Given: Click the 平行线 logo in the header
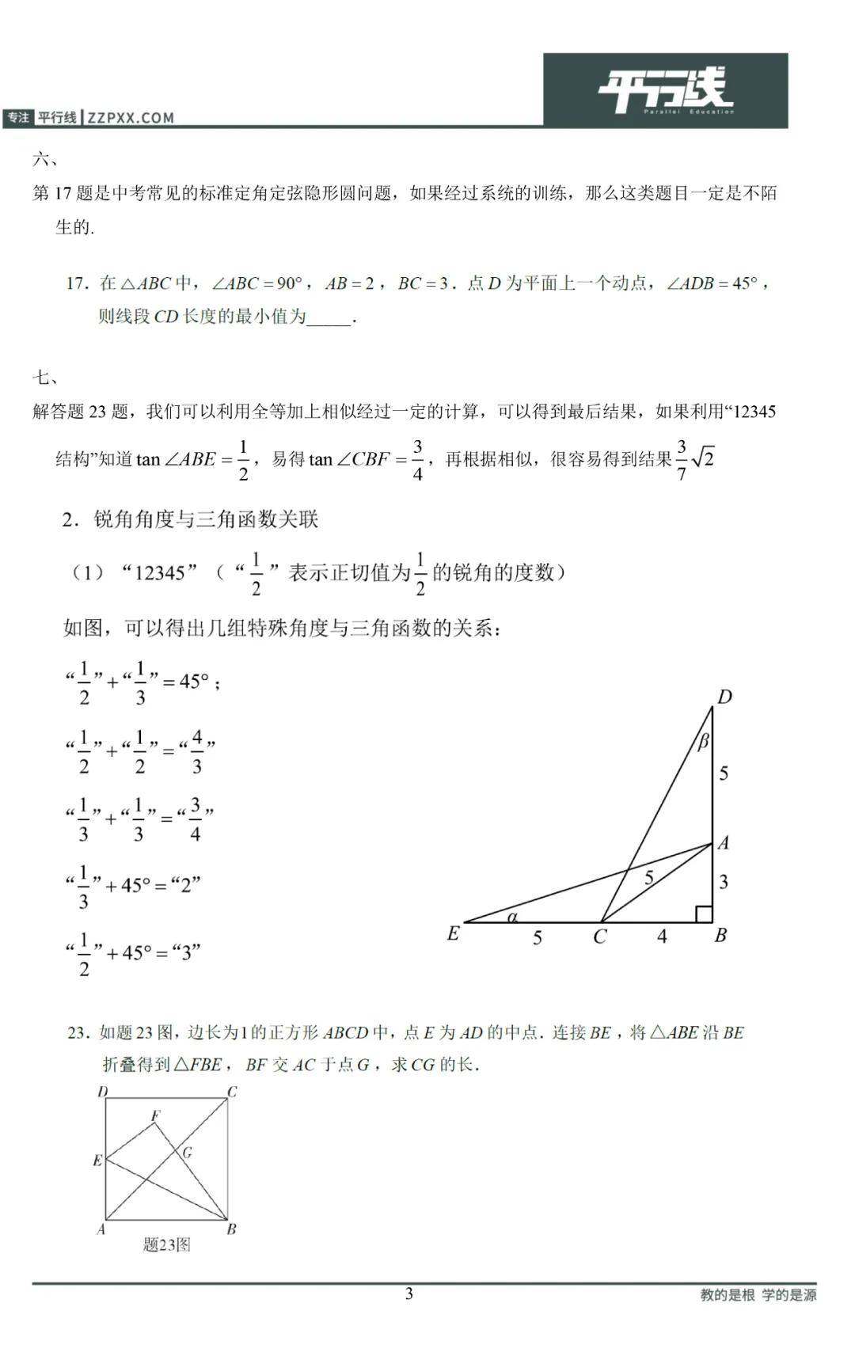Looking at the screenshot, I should tap(665, 90).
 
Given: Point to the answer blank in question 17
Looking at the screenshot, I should tap(329, 318).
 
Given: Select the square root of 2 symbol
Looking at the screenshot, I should tap(703, 458).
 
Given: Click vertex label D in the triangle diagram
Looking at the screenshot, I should tap(724, 697).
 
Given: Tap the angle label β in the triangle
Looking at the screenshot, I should tap(703, 742).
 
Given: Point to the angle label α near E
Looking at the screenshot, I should tap(512, 917).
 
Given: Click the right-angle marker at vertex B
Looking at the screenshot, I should tap(703, 914).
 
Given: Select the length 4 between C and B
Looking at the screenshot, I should tap(662, 937).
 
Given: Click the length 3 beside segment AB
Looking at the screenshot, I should tap(723, 882).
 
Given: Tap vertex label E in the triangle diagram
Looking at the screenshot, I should tap(453, 934).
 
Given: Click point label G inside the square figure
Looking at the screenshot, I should tap(188, 1152).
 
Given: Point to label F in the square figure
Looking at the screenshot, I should tap(156, 1115).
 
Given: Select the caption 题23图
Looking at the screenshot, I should tap(166, 1244).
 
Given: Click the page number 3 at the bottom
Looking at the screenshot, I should tap(409, 1294).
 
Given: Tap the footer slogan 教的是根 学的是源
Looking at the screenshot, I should tap(758, 1295).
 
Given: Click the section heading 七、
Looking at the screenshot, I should tap(45, 378).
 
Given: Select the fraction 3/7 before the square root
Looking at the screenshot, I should tap(682, 459).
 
